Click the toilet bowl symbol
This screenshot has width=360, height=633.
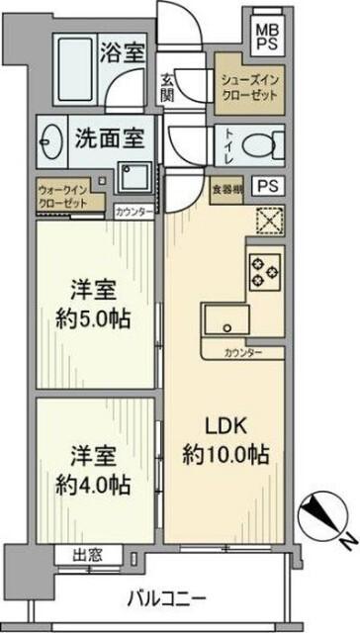(258, 146)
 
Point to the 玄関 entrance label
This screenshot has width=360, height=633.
(169, 89)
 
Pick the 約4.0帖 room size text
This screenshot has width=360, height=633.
(97, 485)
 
